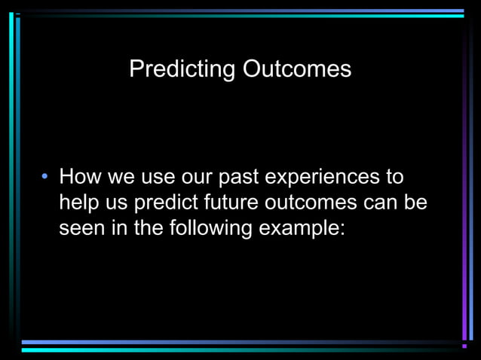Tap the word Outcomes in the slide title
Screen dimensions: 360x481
click(x=297, y=69)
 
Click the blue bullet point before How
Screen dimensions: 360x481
click(x=45, y=177)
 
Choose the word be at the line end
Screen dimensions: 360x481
click(x=416, y=203)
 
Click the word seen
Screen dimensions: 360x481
click(x=81, y=228)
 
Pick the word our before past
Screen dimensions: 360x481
click(x=198, y=178)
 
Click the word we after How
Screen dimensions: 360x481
click(x=121, y=178)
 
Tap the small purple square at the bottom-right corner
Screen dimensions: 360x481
click(x=464, y=346)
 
